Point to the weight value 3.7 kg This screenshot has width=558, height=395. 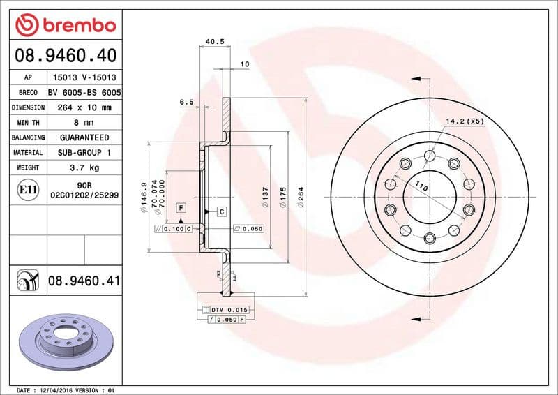[84, 167]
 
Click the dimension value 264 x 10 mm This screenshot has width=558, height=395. [84, 108]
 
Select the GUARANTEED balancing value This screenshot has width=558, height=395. [84, 137]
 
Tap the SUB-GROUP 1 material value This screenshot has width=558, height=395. [84, 152]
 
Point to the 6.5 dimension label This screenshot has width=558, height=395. [186, 102]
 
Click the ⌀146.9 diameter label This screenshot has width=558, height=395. [143, 196]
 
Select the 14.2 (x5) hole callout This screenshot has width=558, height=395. [465, 121]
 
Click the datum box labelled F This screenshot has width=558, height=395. [180, 207]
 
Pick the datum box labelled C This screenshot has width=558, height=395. [221, 211]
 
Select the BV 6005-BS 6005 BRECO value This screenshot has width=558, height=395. [84, 93]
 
